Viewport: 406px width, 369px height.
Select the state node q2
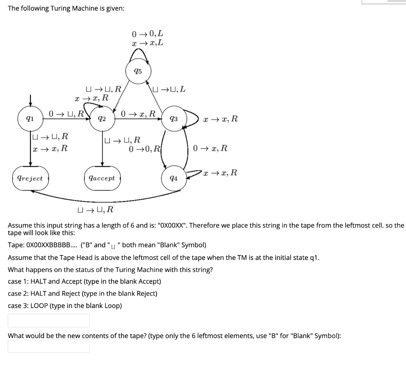[102, 119]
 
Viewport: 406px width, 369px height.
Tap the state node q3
[173, 119]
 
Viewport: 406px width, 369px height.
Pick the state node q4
[173, 178]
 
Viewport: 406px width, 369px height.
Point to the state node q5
[138, 72]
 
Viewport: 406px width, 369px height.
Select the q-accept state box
[102, 178]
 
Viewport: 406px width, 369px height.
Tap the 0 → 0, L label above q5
[147, 34]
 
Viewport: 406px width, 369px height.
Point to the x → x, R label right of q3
[220, 118]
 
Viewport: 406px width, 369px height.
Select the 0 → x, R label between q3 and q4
[211, 148]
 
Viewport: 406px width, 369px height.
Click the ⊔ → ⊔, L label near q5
[169, 89]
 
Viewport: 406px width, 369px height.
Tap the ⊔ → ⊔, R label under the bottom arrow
[96, 209]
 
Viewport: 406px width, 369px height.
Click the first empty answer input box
[48, 321]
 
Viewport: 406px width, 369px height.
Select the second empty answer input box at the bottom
[48, 346]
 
